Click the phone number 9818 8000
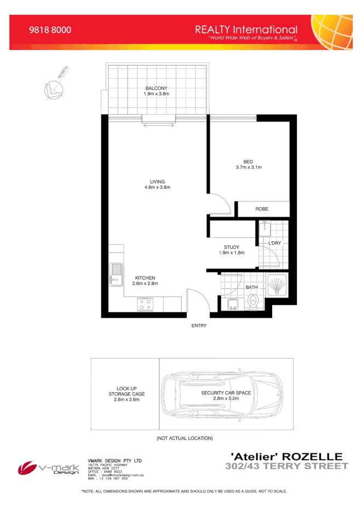pos(50,31)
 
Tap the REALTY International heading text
pos(246,30)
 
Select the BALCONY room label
pos(156,89)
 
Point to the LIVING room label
pos(158,182)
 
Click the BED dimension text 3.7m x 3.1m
pos(249,167)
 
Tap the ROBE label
pos(262,210)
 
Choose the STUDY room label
pos(231,247)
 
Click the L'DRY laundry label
pos(274,242)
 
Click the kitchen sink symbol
pos(116,274)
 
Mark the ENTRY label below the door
pos(198,325)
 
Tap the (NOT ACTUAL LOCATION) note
pos(185,438)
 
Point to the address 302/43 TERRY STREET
pos(286,466)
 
